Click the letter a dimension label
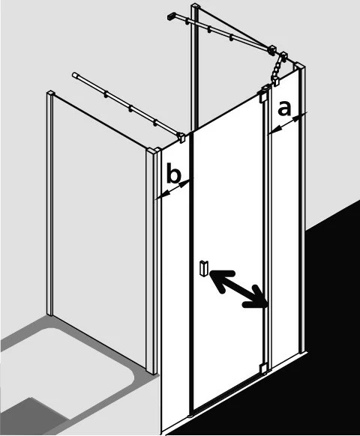coord(284,109)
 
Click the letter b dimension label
coord(174,174)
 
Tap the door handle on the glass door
coord(204,268)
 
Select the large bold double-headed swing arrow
coord(238,288)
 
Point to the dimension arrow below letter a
coord(286,124)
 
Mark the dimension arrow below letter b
coord(173,189)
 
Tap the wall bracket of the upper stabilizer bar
coord(171,16)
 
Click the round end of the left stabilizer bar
coord(74,75)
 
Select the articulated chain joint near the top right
coord(276,69)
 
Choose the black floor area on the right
coord(278,362)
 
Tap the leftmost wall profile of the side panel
coord(50,203)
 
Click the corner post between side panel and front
coord(152,261)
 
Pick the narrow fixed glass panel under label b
coord(175,278)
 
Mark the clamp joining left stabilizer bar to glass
coord(181,137)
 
